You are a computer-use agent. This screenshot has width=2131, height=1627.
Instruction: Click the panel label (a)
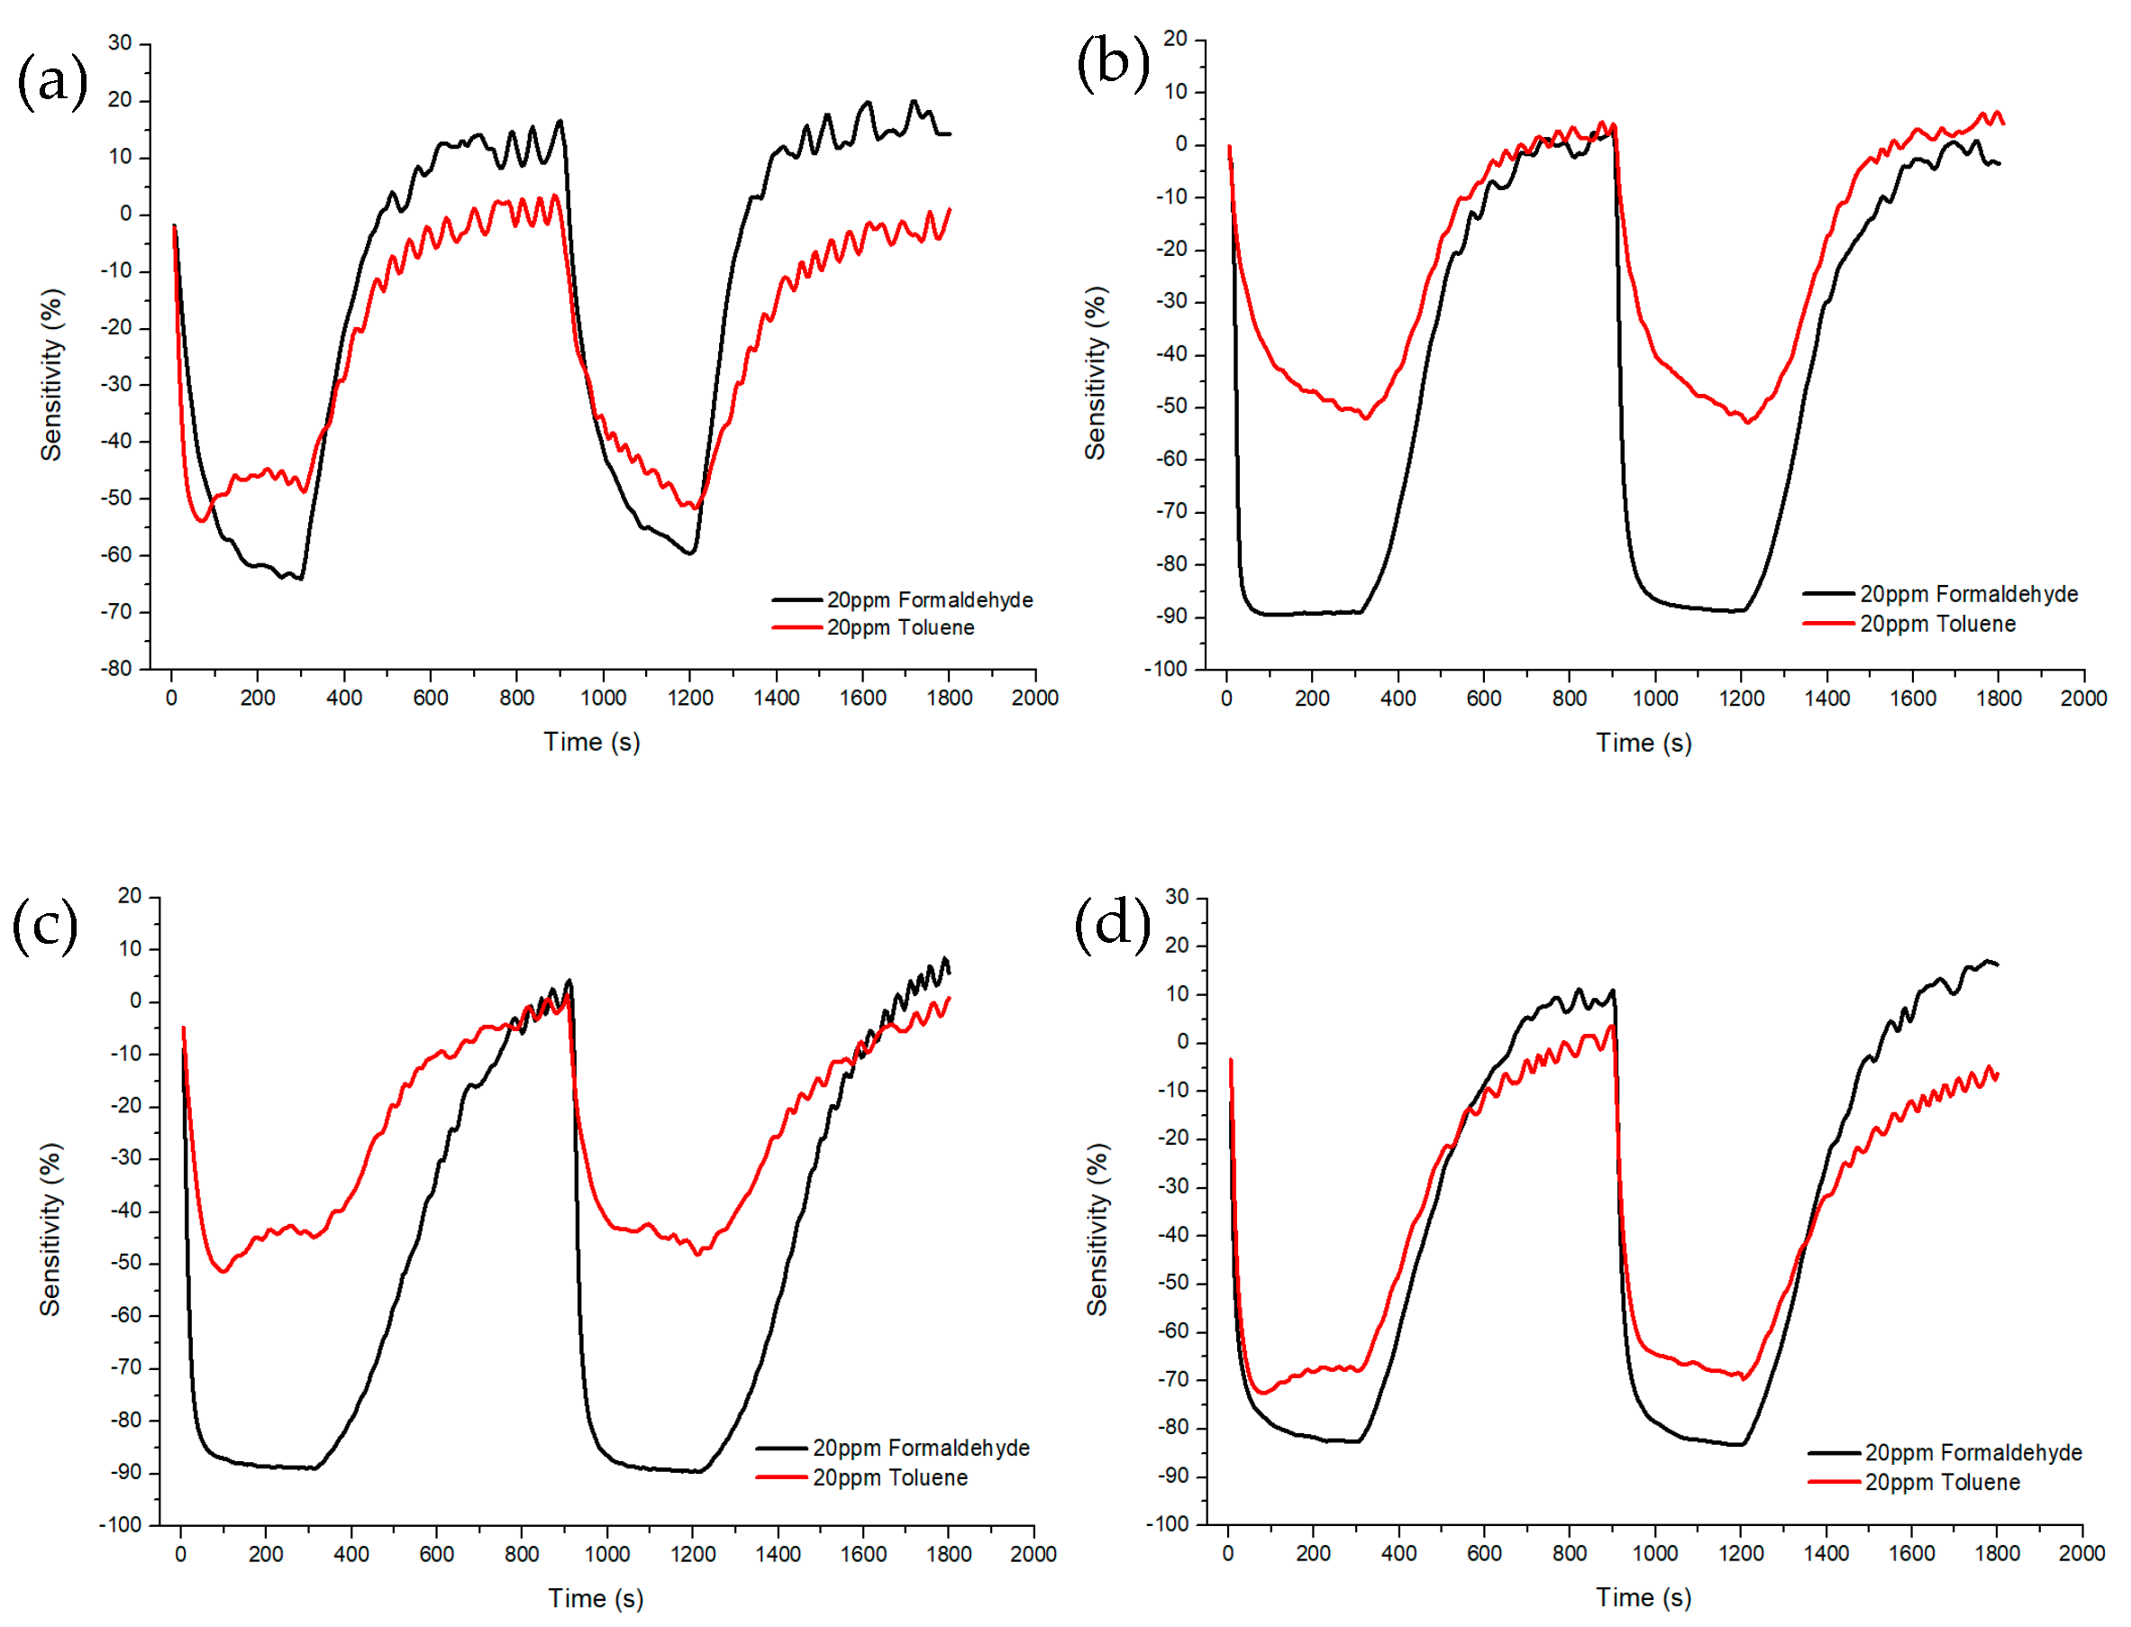coord(52,80)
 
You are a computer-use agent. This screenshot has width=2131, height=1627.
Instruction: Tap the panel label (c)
coord(44,925)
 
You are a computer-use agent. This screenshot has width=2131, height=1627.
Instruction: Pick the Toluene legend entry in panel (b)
coord(1936,625)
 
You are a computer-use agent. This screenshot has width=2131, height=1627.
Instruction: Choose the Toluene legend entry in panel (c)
coord(888,1478)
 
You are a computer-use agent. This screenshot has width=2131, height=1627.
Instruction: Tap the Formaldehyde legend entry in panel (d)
coord(1972,1453)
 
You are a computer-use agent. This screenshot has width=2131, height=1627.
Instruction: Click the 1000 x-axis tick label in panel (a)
coord(602,699)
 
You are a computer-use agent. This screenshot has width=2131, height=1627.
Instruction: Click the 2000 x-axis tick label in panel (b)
coord(2082,699)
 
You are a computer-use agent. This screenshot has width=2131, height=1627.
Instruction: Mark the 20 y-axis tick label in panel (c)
coord(130,897)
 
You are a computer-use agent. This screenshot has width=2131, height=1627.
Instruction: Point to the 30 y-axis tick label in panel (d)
coord(1177,898)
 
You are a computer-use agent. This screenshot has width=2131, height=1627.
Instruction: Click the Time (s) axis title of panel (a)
coord(592,743)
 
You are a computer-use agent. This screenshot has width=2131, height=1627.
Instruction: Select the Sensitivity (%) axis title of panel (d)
coord(1096,1229)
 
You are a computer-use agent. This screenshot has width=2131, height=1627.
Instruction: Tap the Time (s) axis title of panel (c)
coord(596,1599)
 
